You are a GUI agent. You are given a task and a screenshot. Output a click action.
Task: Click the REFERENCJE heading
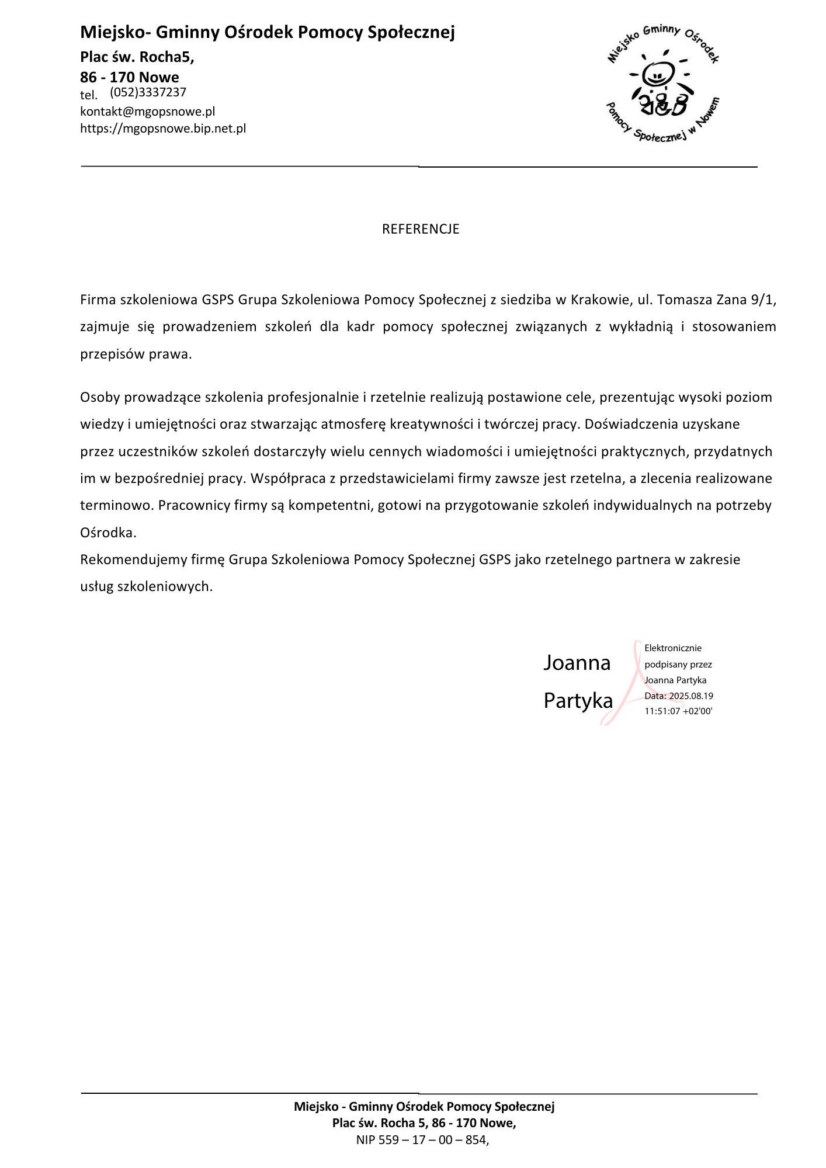point(421,229)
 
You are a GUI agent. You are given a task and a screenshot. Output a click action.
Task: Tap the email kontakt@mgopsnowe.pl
point(148,112)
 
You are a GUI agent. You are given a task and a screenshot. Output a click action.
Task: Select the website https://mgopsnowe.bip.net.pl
point(163,128)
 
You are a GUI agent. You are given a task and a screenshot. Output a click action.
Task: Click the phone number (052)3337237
point(148,92)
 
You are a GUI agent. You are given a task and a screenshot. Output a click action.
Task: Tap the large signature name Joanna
point(577,663)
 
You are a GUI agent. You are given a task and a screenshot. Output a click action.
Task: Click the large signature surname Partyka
point(578,701)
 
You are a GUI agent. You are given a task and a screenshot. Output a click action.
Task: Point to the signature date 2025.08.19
point(691,696)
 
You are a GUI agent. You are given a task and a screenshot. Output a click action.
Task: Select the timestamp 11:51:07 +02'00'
point(678,711)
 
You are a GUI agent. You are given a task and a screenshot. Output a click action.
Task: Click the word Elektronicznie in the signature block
point(673,648)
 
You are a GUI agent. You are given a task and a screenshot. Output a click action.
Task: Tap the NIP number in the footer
point(422,1139)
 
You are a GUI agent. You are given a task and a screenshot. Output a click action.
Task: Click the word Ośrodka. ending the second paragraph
point(108,533)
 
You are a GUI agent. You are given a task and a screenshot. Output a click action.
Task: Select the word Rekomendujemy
point(133,560)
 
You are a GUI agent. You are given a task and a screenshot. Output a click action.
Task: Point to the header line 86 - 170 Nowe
point(130,77)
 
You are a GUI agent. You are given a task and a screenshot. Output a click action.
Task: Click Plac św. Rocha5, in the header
point(137,57)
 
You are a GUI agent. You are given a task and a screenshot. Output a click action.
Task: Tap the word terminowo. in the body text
point(116,506)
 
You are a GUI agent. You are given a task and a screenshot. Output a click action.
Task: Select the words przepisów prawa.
point(136,354)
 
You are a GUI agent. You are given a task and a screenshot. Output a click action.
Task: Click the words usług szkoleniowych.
point(146,587)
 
